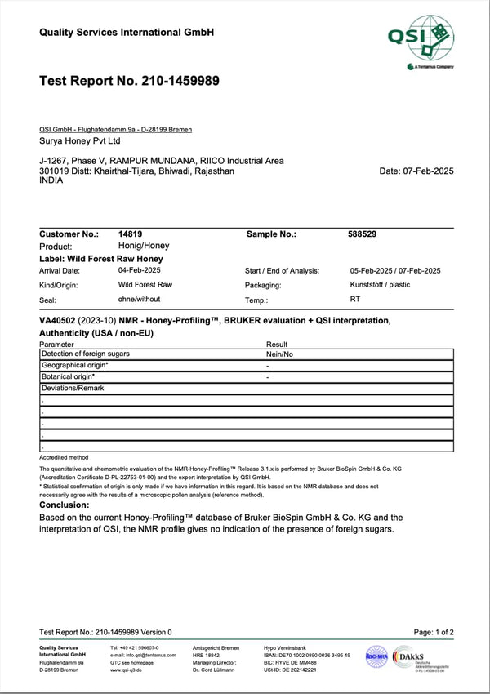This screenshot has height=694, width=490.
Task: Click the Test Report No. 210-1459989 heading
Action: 129,81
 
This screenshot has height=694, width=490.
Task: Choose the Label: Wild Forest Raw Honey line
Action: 101,259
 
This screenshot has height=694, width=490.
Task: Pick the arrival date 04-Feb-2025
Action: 139,270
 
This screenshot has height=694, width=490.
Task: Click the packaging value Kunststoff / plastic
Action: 380,285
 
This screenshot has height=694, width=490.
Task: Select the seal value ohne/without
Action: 140,300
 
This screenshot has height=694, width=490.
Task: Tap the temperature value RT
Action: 355,300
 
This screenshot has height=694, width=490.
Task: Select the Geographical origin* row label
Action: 74,365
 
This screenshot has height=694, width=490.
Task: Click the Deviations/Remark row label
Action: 72,388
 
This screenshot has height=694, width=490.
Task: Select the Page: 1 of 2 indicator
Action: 434,632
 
